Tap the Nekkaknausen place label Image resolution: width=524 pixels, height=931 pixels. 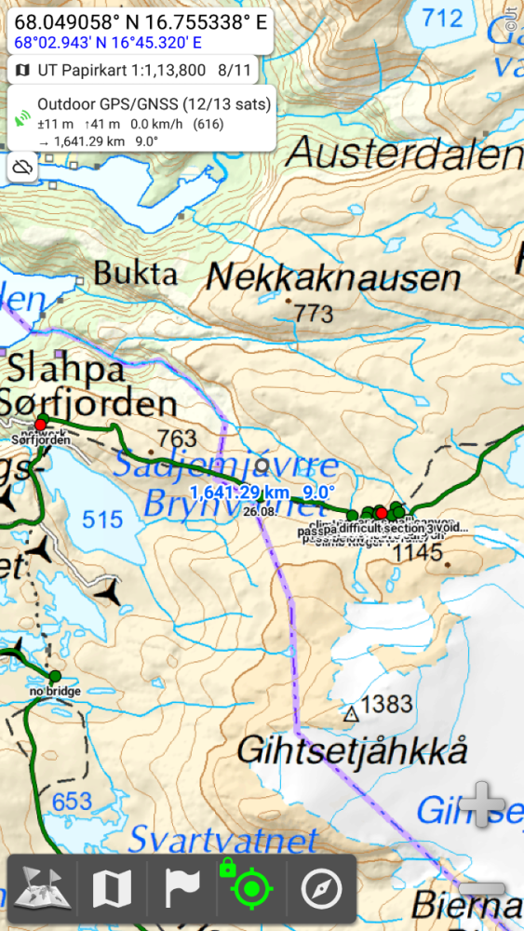[x=333, y=277]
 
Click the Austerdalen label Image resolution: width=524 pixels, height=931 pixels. [x=404, y=152]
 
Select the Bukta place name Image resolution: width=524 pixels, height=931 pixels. [x=136, y=274]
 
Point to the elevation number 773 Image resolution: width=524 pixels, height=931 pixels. [x=313, y=314]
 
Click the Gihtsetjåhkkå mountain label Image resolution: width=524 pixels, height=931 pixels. [x=352, y=750]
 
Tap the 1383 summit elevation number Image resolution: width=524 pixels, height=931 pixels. [x=386, y=705]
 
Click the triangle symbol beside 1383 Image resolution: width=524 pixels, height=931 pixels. [x=351, y=714]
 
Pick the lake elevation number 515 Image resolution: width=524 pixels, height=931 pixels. [x=102, y=519]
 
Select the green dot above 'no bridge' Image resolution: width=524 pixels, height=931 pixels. [x=54, y=675]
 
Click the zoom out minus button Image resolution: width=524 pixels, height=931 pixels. [x=482, y=889]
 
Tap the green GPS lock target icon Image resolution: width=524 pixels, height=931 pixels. [x=249, y=889]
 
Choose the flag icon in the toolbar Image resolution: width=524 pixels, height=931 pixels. [x=182, y=890]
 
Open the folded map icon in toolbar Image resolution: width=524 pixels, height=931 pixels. [x=112, y=890]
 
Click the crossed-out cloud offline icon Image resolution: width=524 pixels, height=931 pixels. [x=24, y=167]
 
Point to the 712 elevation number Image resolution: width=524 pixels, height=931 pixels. [x=441, y=18]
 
